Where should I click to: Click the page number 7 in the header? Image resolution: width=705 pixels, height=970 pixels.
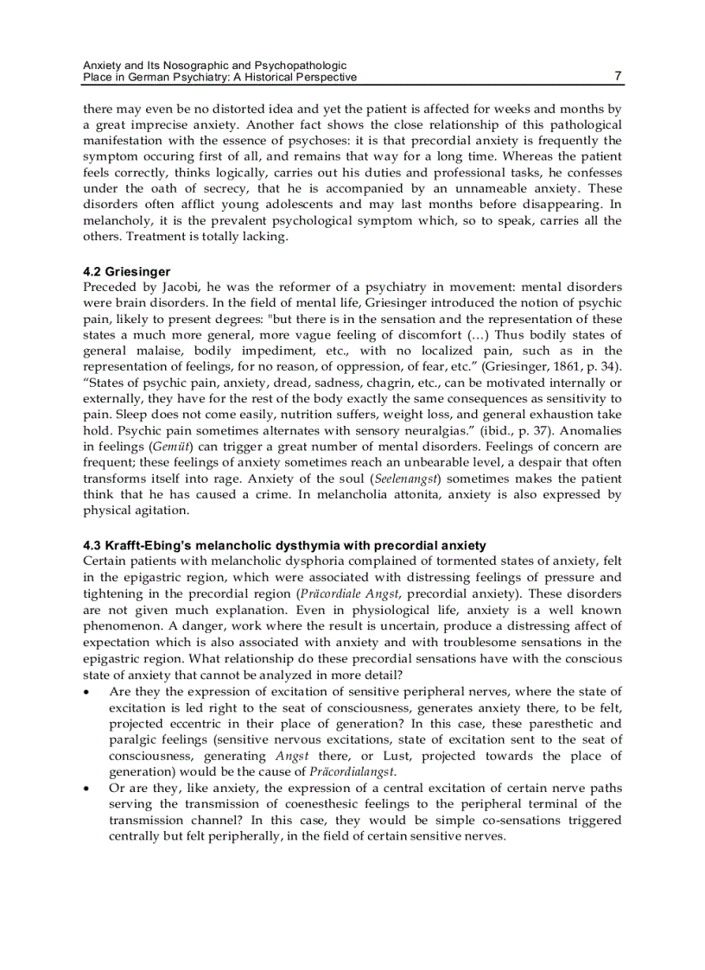(x=617, y=76)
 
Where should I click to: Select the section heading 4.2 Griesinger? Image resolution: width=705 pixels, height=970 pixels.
(x=126, y=271)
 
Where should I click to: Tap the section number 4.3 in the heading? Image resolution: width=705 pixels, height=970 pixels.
(x=92, y=546)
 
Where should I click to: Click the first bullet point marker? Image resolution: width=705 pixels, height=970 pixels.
(x=87, y=693)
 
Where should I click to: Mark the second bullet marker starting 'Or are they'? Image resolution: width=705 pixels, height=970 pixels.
(x=87, y=789)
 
